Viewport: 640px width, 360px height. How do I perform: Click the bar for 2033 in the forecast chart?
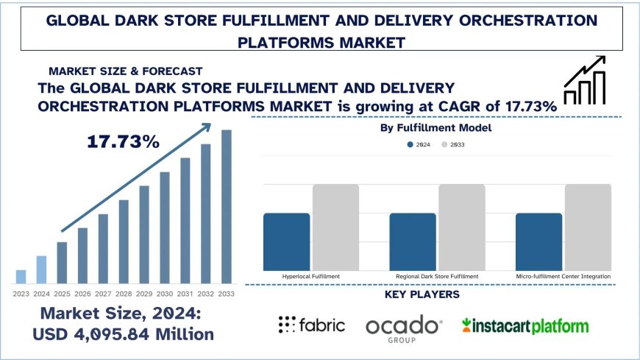tap(227, 206)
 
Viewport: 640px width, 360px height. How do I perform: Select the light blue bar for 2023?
tap(21, 276)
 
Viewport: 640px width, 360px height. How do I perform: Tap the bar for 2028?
tap(124, 241)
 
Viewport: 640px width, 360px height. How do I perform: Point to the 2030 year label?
tap(165, 294)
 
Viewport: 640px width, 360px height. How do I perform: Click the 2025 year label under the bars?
tap(62, 294)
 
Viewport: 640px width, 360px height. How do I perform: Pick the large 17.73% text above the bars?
tap(124, 141)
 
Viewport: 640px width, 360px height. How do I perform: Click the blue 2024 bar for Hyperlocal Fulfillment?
tap(286, 241)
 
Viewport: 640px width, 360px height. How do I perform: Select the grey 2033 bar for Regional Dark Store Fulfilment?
tap(462, 227)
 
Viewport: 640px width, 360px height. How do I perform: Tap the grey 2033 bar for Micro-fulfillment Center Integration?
tap(588, 227)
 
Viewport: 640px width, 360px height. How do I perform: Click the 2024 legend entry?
tap(419, 145)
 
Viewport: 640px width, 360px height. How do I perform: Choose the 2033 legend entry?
tap(453, 145)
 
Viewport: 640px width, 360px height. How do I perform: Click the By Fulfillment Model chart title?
tap(436, 128)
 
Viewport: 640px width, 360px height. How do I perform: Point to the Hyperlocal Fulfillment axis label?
tap(310, 276)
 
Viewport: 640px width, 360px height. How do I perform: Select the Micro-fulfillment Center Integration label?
tap(563, 276)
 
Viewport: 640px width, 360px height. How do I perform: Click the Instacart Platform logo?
tap(525, 325)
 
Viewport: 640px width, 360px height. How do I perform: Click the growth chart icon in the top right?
tap(585, 79)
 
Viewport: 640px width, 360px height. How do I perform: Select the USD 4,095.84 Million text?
tap(124, 333)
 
